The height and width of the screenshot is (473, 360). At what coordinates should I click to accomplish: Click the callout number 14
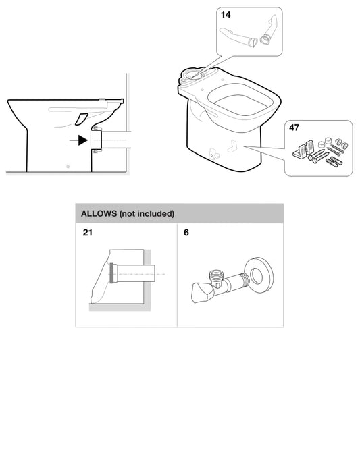tap(226, 15)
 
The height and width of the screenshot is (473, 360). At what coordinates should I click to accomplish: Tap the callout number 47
tap(294, 128)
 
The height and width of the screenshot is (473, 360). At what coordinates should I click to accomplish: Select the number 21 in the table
tap(88, 233)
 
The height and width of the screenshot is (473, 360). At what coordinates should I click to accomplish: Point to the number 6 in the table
tap(186, 233)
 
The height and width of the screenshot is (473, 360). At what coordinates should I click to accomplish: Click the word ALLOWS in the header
tap(99, 214)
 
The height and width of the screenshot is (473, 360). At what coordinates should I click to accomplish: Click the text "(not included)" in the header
tap(147, 214)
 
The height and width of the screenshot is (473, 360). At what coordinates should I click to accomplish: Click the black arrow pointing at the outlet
tap(78, 140)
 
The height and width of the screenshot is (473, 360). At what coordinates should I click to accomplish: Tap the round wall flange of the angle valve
tap(259, 275)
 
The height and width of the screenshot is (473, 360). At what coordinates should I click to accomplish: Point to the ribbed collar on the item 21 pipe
tap(113, 273)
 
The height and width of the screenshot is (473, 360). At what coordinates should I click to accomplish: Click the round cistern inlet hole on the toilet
tap(193, 74)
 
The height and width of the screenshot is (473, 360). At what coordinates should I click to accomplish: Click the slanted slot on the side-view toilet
tap(81, 119)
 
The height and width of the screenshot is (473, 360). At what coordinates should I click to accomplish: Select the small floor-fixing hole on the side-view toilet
tap(68, 167)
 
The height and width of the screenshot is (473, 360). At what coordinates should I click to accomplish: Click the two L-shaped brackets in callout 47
tap(303, 148)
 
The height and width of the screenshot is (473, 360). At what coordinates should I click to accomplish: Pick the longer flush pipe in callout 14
tap(238, 37)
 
